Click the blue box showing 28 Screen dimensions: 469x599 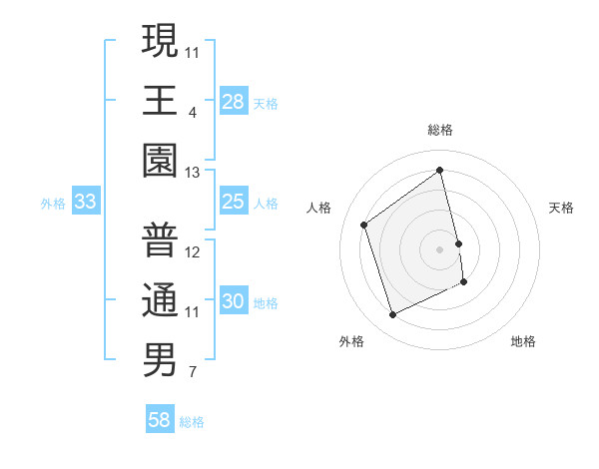pyautogui.click(x=234, y=102)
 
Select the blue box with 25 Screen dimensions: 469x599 pyautogui.click(x=234, y=203)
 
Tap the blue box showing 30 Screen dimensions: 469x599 pyautogui.click(x=234, y=302)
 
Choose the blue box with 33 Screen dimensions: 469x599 pyautogui.click(x=86, y=203)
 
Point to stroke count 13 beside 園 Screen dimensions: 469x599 pyautogui.click(x=193, y=173)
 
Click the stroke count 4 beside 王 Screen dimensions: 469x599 pyautogui.click(x=193, y=113)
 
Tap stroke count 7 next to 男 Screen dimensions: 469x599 pyautogui.click(x=193, y=373)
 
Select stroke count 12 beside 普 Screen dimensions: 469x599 pyautogui.click(x=193, y=252)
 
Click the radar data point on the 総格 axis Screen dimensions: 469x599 pyautogui.click(x=440, y=171)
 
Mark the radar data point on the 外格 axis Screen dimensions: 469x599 pyautogui.click(x=392, y=315)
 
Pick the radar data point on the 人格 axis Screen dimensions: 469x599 pyautogui.click(x=364, y=225)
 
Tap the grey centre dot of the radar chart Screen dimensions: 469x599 pyautogui.click(x=440, y=248)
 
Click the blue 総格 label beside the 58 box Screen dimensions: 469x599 pyautogui.click(x=192, y=422)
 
